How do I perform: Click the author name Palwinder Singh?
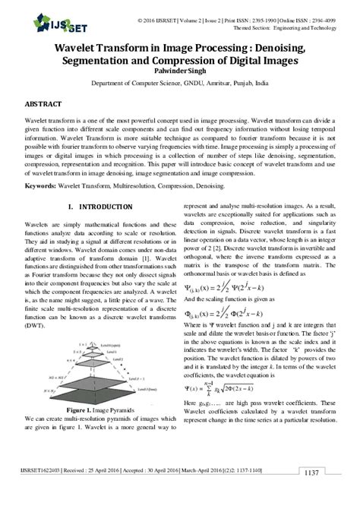[x=180, y=72]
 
